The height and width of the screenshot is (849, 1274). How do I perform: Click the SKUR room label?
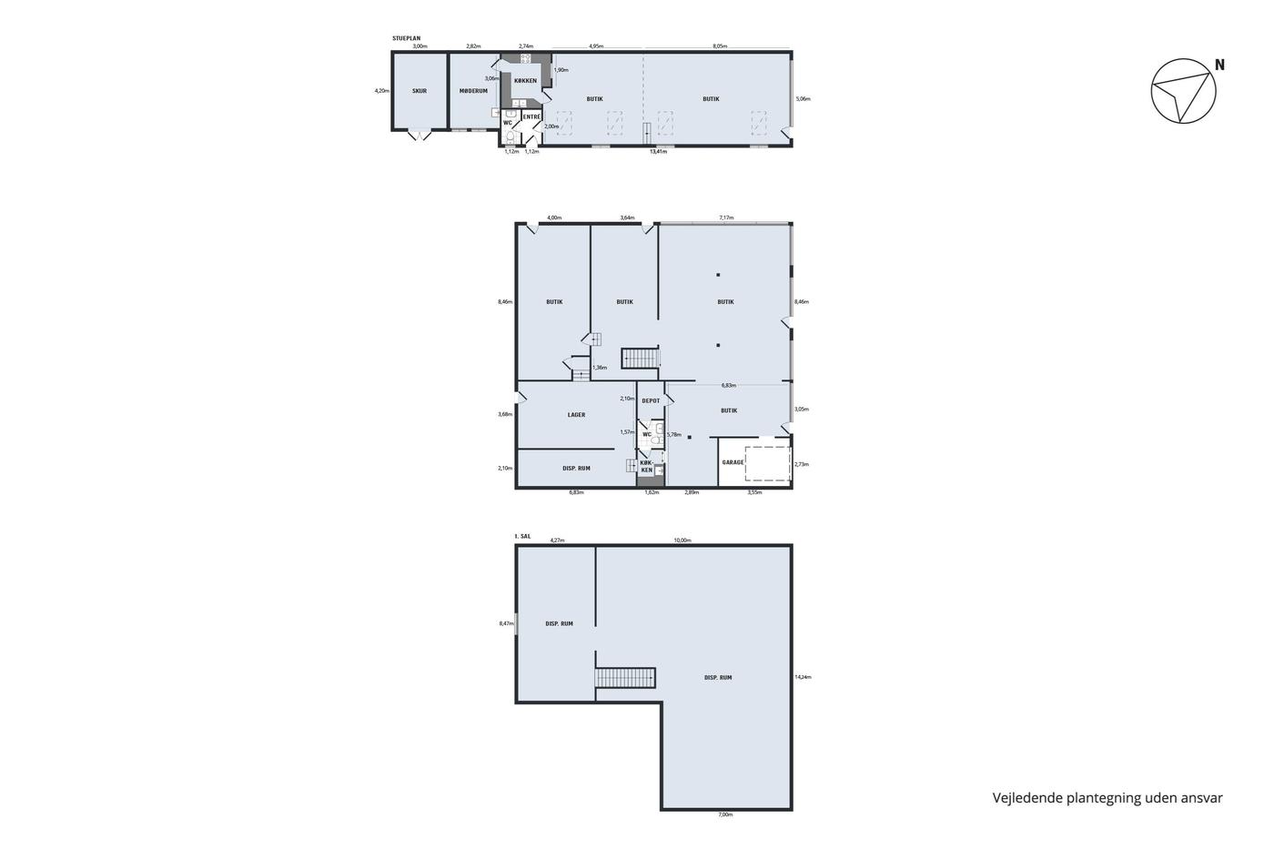(x=420, y=91)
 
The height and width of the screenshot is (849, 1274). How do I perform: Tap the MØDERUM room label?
(x=473, y=91)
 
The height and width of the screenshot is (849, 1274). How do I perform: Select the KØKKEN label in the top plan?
(x=525, y=81)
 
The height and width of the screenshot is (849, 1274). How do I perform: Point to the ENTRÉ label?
(x=531, y=117)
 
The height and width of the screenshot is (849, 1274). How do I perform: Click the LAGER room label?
(x=576, y=415)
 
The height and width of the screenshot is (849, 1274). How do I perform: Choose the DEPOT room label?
(x=651, y=401)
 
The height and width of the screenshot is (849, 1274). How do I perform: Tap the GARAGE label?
(x=733, y=462)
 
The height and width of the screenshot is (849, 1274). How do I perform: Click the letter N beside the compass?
(x=1219, y=65)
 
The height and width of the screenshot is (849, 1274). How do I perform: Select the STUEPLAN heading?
(x=406, y=38)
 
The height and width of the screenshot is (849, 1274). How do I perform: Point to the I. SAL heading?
(x=522, y=536)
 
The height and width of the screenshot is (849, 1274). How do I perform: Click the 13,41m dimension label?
(x=657, y=152)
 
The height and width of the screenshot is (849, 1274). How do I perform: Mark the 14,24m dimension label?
(x=803, y=677)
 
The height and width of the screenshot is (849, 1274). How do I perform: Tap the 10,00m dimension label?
(x=682, y=541)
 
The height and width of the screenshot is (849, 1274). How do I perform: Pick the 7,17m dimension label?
(x=726, y=217)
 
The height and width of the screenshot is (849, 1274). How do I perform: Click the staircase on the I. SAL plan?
(x=625, y=678)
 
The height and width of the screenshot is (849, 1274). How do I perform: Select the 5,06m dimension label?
(x=803, y=99)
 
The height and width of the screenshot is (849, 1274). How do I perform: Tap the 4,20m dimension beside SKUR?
(x=381, y=90)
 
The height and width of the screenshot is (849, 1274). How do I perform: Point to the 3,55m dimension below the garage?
(x=754, y=492)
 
